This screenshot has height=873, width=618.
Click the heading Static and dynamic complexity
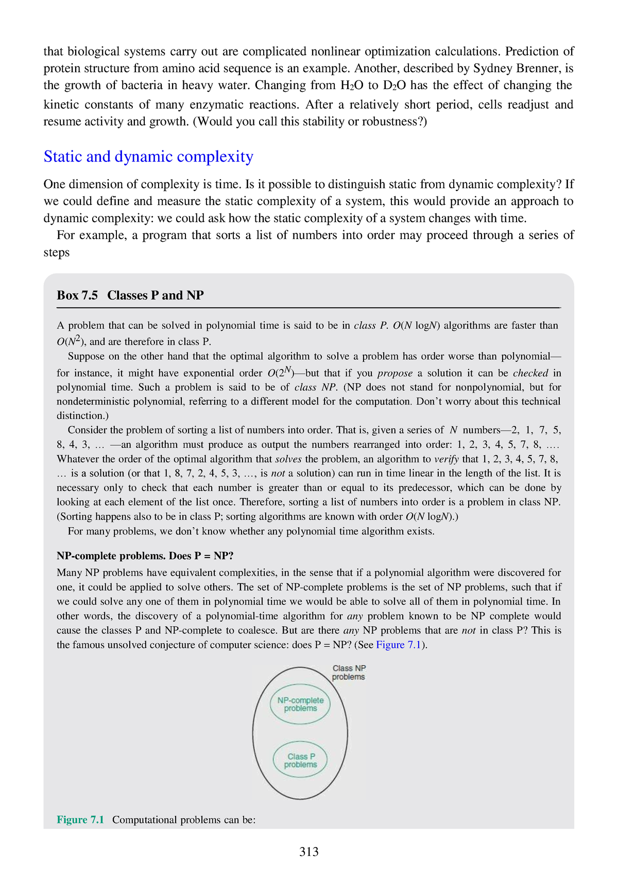(x=148, y=157)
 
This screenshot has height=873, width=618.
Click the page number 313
(x=309, y=852)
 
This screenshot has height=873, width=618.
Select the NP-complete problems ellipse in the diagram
(x=300, y=704)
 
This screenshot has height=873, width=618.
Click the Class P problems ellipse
(x=300, y=761)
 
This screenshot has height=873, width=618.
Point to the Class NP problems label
(x=349, y=673)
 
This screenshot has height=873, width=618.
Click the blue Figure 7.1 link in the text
(x=399, y=645)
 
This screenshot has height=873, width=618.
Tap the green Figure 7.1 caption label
(x=80, y=819)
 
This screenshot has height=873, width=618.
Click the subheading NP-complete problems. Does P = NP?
(x=145, y=556)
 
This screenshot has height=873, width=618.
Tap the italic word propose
(x=395, y=373)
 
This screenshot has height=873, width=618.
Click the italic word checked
(x=530, y=373)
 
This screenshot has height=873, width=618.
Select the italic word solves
(x=288, y=459)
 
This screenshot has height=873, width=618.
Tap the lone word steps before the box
(x=57, y=253)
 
